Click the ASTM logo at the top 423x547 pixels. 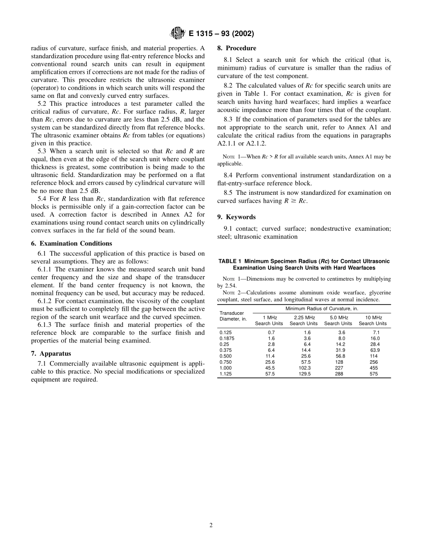click(x=177, y=34)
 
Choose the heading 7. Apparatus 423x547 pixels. click(x=51, y=354)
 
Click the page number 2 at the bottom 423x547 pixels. click(x=211, y=525)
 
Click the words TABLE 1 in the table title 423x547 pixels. click(x=230, y=261)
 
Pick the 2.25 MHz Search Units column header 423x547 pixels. click(x=304, y=321)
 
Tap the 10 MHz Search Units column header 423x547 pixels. click(x=373, y=321)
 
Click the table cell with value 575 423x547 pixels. click(x=373, y=374)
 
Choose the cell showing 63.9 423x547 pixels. click(x=373, y=350)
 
